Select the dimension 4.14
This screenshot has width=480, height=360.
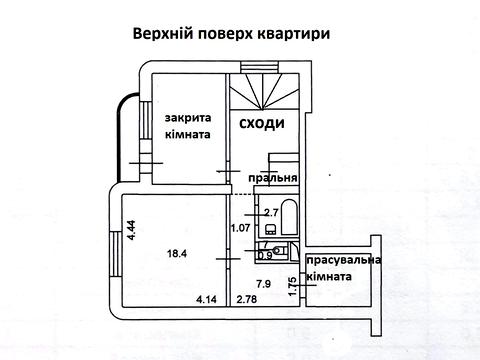coord(207,299)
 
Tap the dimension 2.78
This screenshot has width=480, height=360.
coord(246,299)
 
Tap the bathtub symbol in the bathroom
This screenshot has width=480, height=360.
coord(286,216)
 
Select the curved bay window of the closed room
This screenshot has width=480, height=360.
coord(126,133)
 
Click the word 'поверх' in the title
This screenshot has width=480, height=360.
coord(223,34)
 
